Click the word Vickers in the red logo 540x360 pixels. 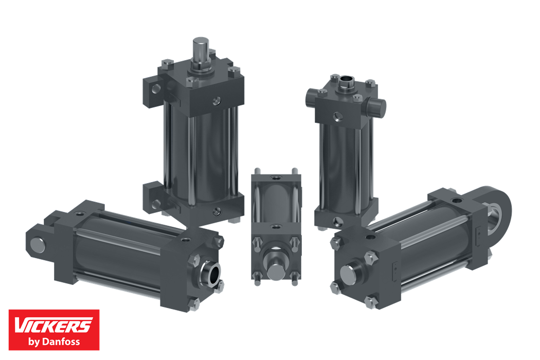[x=53, y=325]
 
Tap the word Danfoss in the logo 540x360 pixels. [x=61, y=341]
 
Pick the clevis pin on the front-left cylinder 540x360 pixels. [x=38, y=244]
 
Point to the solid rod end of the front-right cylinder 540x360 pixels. [x=348, y=274]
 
